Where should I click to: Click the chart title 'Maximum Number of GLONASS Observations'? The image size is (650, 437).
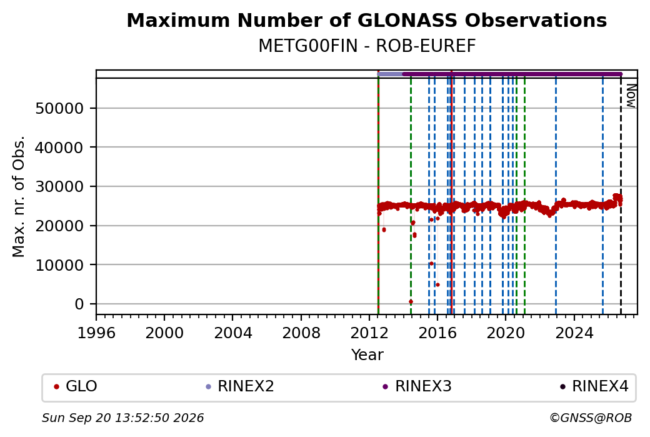pyautogui.click(x=366, y=20)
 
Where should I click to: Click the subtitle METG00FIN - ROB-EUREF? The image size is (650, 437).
pyautogui.click(x=367, y=46)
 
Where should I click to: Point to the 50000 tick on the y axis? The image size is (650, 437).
pyautogui.click(x=60, y=109)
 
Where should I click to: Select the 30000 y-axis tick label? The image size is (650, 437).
pyautogui.click(x=60, y=187)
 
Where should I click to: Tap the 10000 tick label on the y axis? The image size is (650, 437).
pyautogui.click(x=60, y=265)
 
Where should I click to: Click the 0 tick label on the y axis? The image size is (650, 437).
pyautogui.click(x=79, y=304)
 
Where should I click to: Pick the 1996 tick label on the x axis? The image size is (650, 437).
pyautogui.click(x=96, y=333)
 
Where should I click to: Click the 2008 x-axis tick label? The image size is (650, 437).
pyautogui.click(x=301, y=333)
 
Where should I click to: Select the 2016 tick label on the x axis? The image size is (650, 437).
pyautogui.click(x=437, y=333)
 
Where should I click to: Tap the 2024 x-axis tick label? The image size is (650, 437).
pyautogui.click(x=574, y=333)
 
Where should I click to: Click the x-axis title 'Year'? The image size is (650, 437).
pyautogui.click(x=367, y=355)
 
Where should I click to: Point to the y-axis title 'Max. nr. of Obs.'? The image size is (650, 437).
pyautogui.click(x=19, y=196)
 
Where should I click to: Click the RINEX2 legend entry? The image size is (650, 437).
pyautogui.click(x=240, y=386)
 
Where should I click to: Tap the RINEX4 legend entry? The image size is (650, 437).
pyautogui.click(x=594, y=386)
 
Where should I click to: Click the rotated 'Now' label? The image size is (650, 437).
pyautogui.click(x=631, y=96)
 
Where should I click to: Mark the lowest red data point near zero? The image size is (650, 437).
pyautogui.click(x=411, y=301)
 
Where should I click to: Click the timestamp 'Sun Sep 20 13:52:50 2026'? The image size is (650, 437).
pyautogui.click(x=122, y=418)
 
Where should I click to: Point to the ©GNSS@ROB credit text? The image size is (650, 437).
pyautogui.click(x=591, y=418)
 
